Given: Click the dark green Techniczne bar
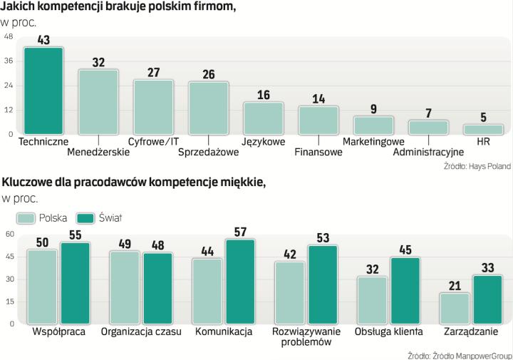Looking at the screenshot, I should pyautogui.click(x=43, y=91).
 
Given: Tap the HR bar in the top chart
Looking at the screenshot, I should pyautogui.click(x=483, y=129).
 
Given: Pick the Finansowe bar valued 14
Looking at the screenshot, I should pyautogui.click(x=318, y=120).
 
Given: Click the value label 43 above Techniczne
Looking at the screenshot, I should pyautogui.click(x=43, y=41).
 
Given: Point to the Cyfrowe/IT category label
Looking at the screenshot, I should pyautogui.click(x=153, y=141).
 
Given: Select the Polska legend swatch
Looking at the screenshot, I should pyautogui.click(x=26, y=217).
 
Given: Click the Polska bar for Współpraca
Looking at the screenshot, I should pyautogui.click(x=42, y=287).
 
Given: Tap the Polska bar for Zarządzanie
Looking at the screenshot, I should pyautogui.click(x=454, y=308).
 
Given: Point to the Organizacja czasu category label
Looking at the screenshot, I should pyautogui.click(x=141, y=331).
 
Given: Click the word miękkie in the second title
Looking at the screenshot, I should pyautogui.click(x=241, y=183).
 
